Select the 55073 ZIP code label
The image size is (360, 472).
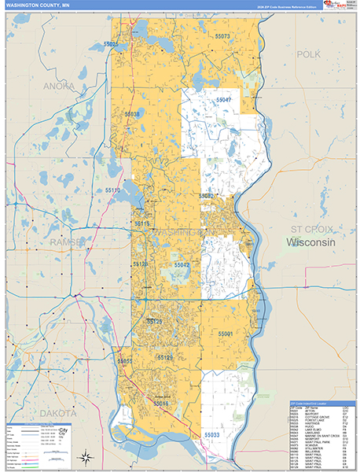point(222,36)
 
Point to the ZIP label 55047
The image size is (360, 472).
point(223,100)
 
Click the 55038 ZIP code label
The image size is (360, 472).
point(132,114)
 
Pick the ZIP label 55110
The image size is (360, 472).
point(113,190)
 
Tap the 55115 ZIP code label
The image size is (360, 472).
point(142,224)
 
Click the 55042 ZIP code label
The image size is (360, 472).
point(182,266)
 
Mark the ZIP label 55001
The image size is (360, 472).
point(226,334)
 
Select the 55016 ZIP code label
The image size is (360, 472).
point(161,403)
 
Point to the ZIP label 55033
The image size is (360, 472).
point(212,433)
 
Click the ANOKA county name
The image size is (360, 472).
point(60,86)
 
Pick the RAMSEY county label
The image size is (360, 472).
point(65,243)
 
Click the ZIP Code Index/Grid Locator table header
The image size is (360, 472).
point(321,404)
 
